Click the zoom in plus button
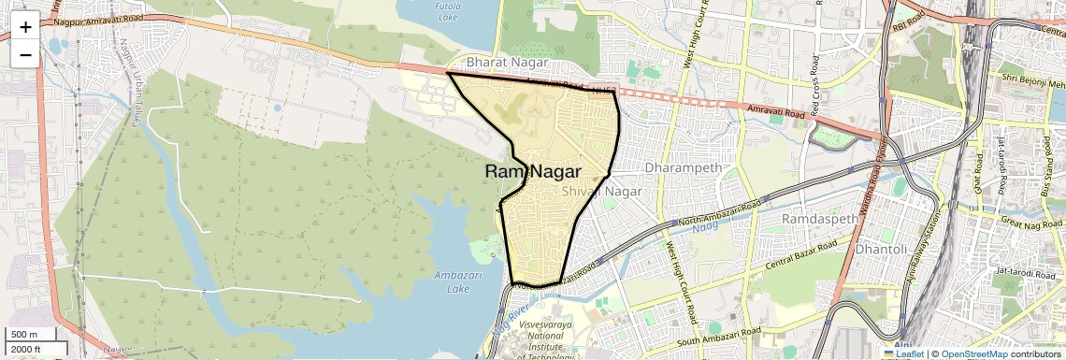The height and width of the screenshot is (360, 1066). point(25,27)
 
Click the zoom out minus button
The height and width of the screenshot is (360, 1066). point(25,54)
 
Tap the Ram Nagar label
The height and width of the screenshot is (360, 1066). point(533,172)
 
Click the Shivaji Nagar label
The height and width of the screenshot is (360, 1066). point(603,191)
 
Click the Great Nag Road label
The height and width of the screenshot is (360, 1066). point(1027,222)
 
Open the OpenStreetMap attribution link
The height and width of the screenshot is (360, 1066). point(973,353)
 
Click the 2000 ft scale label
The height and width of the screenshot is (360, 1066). point(27,349)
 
